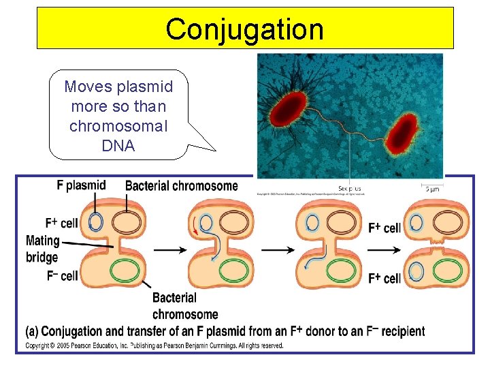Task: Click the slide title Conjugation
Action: coord(244,29)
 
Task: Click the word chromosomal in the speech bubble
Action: coord(118,126)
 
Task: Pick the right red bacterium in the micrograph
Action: coord(401,133)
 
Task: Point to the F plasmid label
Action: coord(81,185)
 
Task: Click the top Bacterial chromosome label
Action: coord(182,186)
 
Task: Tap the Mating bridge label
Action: coord(42,249)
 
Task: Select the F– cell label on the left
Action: coord(62,276)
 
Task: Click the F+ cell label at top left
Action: coord(61,223)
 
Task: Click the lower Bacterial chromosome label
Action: coord(185,306)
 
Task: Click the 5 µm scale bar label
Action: coord(431,189)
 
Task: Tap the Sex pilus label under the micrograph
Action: coord(350,189)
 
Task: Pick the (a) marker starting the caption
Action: coord(31,332)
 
